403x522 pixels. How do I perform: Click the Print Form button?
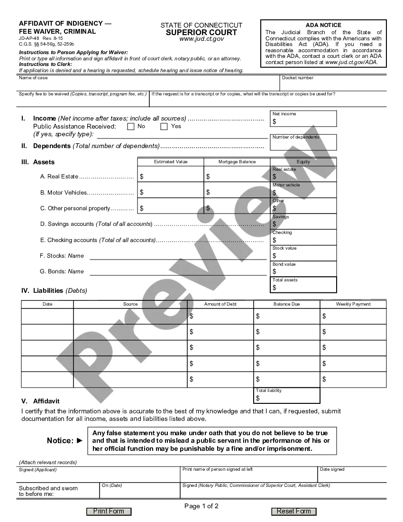[109, 511]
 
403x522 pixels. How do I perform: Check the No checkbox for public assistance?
[131, 127]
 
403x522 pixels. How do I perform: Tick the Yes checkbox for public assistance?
[164, 127]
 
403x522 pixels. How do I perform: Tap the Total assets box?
[304, 285]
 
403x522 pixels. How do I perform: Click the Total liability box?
[287, 396]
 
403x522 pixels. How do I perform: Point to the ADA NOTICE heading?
[323, 25]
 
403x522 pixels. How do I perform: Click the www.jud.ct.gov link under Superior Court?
[201, 39]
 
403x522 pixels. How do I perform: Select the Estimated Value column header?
[171, 162]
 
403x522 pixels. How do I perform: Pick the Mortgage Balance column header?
[237, 162]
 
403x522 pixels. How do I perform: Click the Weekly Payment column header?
[353, 304]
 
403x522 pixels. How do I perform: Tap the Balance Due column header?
[287, 304]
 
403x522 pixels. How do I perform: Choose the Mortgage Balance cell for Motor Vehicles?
[237, 192]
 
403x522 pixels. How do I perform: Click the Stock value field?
[304, 253]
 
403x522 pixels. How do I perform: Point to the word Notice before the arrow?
[60, 440]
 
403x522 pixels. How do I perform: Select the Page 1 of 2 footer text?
[201, 506]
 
